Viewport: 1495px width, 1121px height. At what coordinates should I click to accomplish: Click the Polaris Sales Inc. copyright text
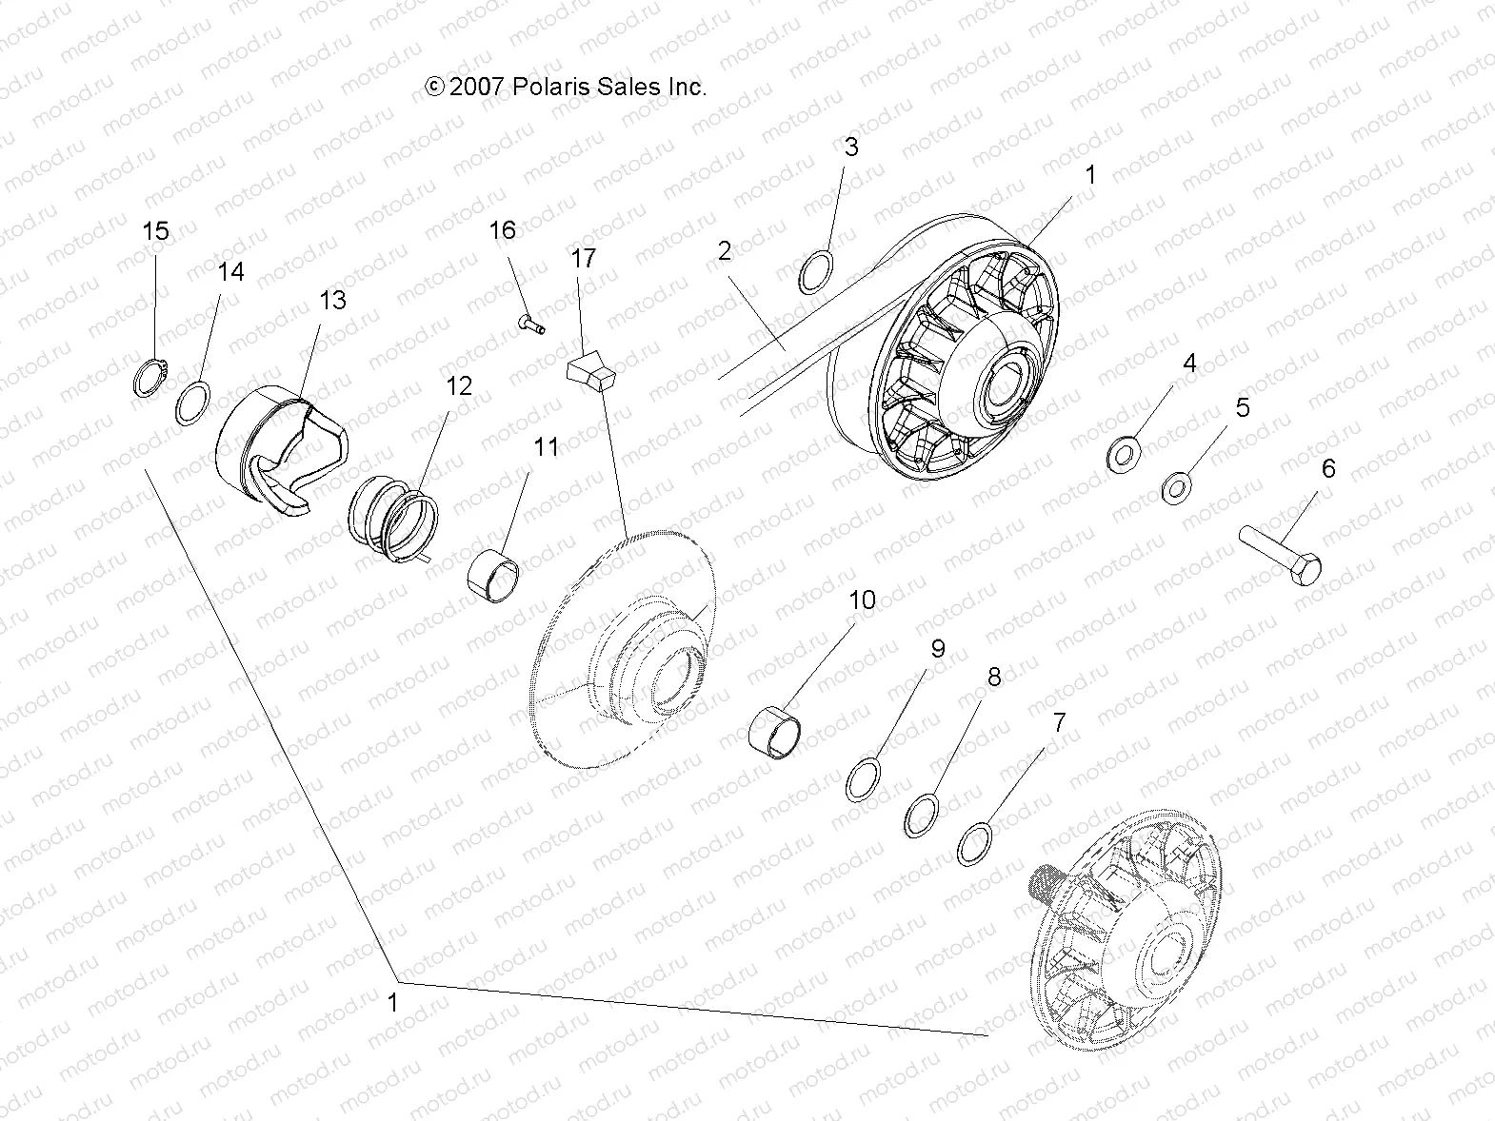pyautogui.click(x=566, y=87)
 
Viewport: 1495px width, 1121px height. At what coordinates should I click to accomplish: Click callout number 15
pyautogui.click(x=155, y=231)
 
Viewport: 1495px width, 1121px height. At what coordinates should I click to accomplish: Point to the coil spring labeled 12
pyautogui.click(x=393, y=521)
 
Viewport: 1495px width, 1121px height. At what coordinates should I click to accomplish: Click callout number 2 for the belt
pyautogui.click(x=726, y=251)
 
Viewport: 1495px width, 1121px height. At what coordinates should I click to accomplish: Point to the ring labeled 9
pyautogui.click(x=864, y=780)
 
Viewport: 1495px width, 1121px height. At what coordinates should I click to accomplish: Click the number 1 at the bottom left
pyautogui.click(x=392, y=1002)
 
